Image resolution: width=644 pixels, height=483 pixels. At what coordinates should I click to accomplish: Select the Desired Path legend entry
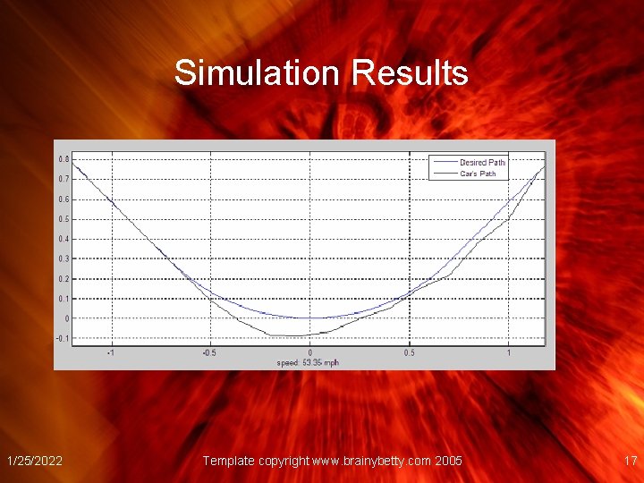[482, 162]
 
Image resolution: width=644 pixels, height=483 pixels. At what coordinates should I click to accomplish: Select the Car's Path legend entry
[478, 174]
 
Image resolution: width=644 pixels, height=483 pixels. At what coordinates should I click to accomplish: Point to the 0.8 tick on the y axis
[62, 158]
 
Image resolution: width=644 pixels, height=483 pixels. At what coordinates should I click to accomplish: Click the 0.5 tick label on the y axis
[62, 219]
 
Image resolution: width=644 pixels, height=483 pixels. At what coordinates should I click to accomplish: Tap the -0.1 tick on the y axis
[61, 338]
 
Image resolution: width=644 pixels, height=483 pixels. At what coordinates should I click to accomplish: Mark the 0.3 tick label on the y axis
[62, 258]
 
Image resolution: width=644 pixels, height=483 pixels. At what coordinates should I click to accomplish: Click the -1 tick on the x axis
[110, 352]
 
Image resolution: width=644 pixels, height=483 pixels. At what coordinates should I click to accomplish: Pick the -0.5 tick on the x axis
[208, 352]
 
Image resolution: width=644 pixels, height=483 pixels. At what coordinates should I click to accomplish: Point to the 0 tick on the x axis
[309, 352]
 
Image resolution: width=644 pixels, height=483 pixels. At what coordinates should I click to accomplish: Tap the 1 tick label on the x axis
[508, 352]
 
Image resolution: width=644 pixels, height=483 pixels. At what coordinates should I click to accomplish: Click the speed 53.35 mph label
[308, 362]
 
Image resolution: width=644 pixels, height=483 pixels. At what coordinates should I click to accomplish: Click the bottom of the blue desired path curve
[309, 318]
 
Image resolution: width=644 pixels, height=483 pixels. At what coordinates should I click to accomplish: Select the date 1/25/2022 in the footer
[34, 461]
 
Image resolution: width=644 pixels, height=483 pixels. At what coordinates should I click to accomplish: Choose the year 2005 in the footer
[447, 461]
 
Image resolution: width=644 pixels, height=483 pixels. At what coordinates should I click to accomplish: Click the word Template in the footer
[229, 461]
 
